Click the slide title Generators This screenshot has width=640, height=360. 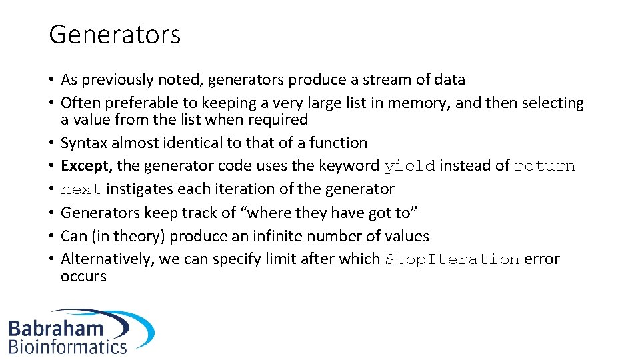pos(115,35)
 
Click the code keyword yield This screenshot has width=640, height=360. pos(409,167)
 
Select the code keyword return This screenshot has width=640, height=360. pos(544,167)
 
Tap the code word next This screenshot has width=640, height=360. pos(81,190)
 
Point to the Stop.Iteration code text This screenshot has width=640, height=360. pos(452,259)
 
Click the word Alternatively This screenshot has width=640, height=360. pos(107,259)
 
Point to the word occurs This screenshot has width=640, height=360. pos(83,276)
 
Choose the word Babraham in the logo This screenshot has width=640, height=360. pos(57,328)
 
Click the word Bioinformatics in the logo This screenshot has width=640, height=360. pos(67,347)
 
